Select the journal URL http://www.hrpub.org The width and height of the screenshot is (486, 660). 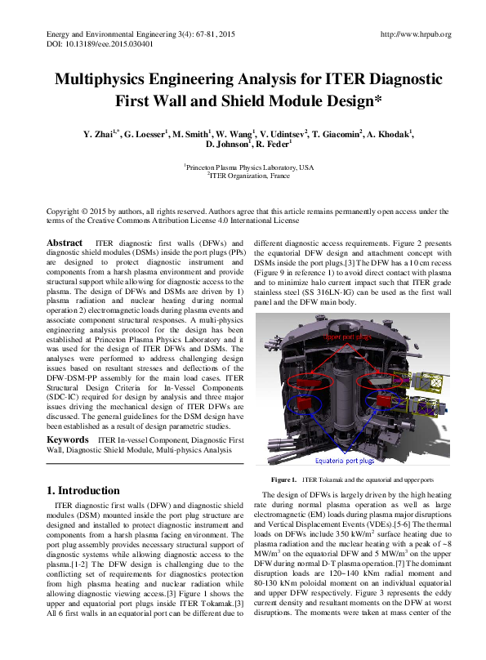pos(416,34)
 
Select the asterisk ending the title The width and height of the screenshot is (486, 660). pos(377,101)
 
